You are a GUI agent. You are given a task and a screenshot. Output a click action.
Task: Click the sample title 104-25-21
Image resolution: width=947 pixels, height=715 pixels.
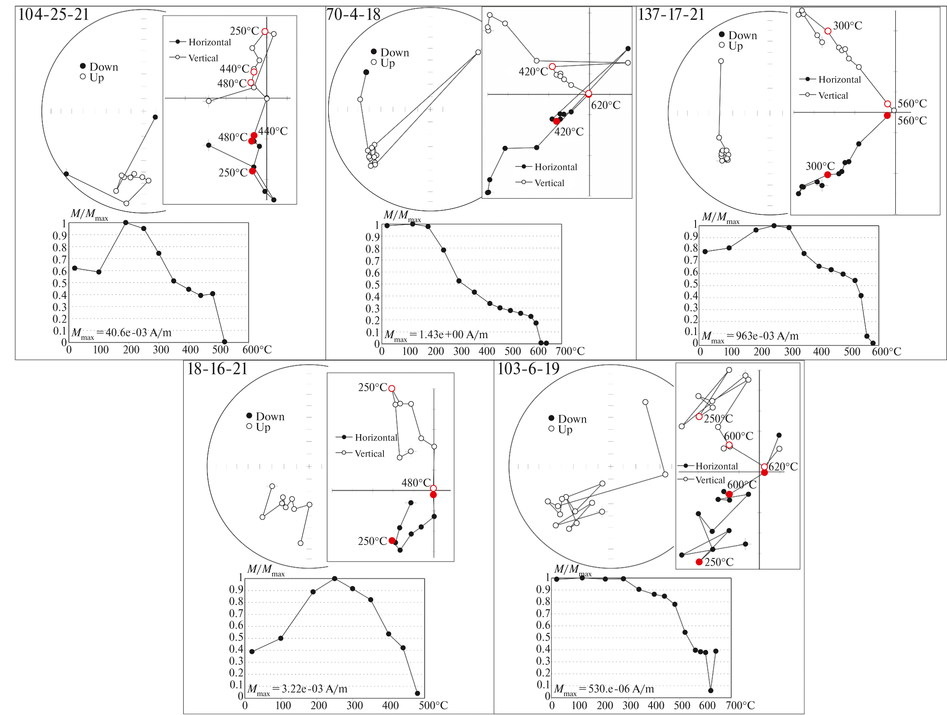53,15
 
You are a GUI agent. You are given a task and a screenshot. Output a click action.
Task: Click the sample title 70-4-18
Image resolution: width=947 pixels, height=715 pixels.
353,15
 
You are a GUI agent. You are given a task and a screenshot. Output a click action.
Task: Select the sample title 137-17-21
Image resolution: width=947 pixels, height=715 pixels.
671,15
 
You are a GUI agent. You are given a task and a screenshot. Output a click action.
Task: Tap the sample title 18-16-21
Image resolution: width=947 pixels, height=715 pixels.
217,369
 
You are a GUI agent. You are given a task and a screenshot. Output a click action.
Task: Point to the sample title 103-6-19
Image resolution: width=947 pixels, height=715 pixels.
528,369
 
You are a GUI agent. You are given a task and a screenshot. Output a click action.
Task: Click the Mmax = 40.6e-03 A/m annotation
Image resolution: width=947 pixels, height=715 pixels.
121,333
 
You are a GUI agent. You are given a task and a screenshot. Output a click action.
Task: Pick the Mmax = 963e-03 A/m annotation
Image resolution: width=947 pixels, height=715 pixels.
750,336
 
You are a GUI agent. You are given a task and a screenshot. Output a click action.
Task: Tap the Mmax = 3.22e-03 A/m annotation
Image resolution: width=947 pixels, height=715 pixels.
297,689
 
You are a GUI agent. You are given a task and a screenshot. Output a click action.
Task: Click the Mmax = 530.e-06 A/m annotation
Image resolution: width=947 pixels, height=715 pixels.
604,689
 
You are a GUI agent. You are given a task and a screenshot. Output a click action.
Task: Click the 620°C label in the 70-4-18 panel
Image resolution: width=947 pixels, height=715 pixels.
605,105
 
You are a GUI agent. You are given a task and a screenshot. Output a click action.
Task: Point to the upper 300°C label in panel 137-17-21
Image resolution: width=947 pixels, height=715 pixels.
847,26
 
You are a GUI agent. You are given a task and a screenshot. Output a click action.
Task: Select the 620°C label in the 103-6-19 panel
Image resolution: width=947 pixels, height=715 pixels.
783,467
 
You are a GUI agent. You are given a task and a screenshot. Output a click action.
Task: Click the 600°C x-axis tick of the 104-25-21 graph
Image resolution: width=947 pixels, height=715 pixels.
257,350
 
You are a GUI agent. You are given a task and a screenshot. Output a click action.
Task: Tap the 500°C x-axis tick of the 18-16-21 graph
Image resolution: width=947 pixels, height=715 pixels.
433,706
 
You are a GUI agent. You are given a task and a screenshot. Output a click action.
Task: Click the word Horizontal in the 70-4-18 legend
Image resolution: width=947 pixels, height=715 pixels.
555,167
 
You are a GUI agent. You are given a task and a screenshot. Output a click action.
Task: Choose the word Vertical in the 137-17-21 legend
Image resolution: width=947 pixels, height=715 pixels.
833,96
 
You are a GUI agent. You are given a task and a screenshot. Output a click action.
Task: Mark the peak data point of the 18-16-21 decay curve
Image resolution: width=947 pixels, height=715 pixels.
335,579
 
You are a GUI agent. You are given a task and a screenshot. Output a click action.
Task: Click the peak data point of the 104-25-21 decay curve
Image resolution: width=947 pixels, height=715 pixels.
126,222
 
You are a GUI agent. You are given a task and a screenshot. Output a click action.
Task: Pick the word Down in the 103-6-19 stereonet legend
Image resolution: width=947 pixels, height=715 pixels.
572,419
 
